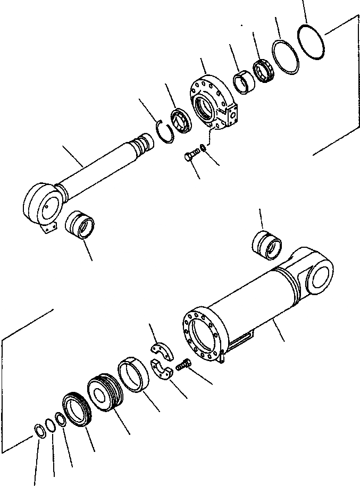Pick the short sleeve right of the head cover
click(x=244, y=83)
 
